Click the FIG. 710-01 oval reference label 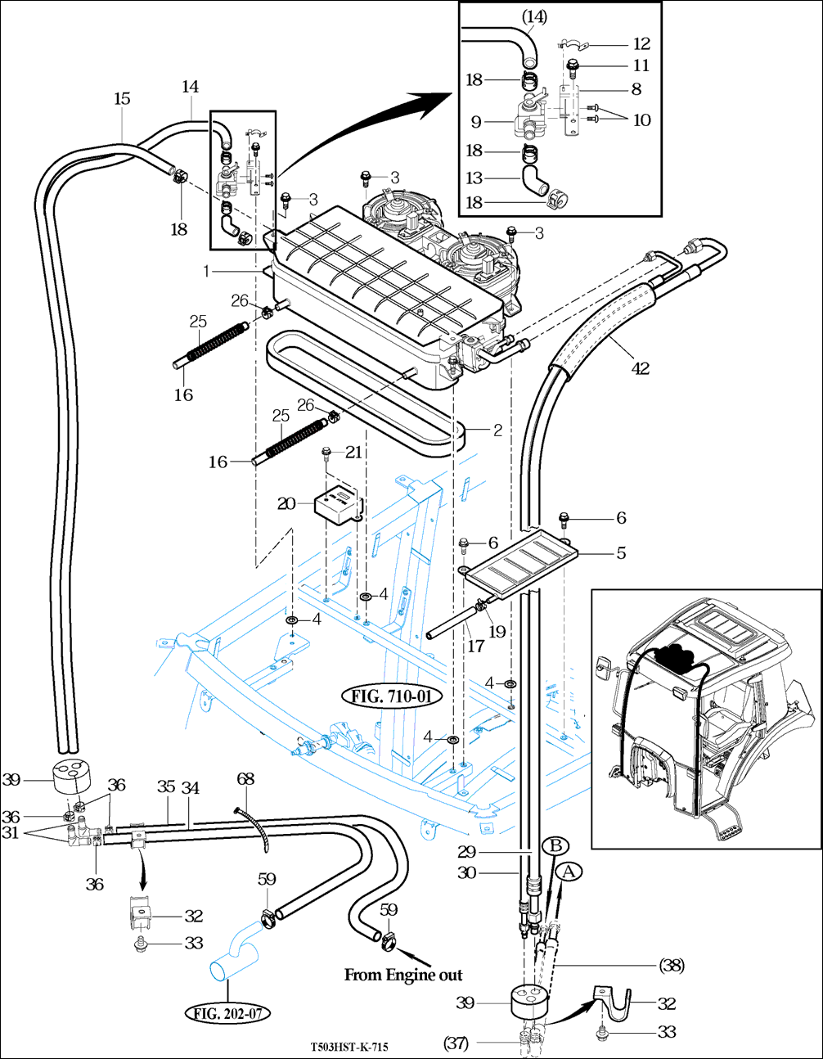392,696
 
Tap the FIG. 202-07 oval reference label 227,1014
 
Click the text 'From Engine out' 403,975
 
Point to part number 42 641,368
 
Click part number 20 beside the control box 286,503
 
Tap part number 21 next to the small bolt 353,453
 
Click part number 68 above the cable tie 245,779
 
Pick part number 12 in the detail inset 642,44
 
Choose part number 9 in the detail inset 476,122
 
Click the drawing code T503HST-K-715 349,1047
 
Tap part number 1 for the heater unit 206,271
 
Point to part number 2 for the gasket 497,430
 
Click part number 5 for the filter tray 622,553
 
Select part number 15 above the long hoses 122,98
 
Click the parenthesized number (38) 672,965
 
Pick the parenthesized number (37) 456,1043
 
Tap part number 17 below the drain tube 476,647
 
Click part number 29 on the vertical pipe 466,851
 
